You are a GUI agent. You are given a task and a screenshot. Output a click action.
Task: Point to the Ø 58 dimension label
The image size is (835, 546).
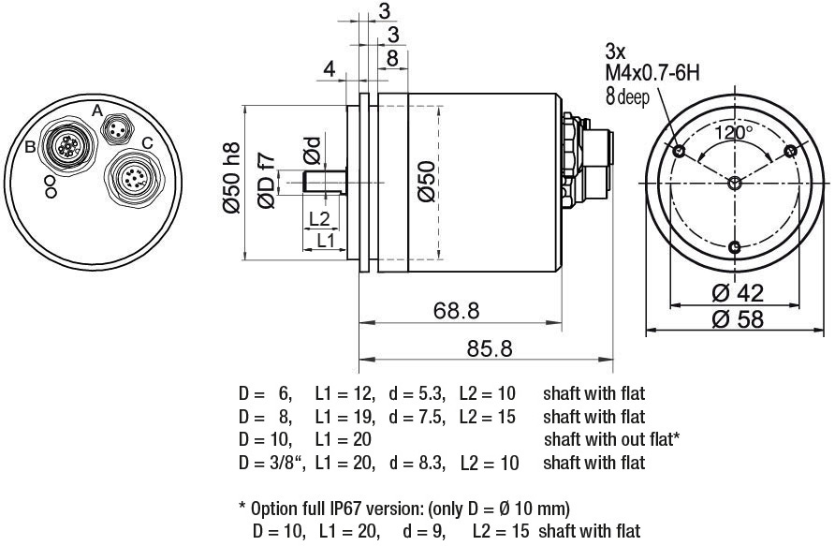tap(737, 319)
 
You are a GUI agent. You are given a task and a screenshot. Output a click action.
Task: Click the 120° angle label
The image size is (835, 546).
tap(734, 133)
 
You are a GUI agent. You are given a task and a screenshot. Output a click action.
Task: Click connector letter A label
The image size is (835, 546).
tap(97, 110)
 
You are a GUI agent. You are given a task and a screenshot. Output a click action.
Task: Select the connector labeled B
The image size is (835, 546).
tap(68, 146)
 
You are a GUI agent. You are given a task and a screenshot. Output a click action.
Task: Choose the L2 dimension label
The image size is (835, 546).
tap(319, 219)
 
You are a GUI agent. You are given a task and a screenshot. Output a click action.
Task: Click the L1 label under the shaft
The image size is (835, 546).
tap(326, 240)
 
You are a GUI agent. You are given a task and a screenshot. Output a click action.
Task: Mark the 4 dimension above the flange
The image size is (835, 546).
tap(329, 69)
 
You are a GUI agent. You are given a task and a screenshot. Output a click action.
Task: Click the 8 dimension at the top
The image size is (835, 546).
tap(392, 57)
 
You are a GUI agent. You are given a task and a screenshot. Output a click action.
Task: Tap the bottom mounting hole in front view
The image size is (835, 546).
tap(735, 247)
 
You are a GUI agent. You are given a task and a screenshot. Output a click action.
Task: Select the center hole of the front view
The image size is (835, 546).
tap(735, 182)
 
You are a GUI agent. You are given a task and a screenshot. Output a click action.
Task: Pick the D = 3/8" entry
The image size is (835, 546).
tap(266, 463)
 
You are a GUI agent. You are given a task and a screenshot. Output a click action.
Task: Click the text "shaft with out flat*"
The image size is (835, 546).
tap(610, 439)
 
